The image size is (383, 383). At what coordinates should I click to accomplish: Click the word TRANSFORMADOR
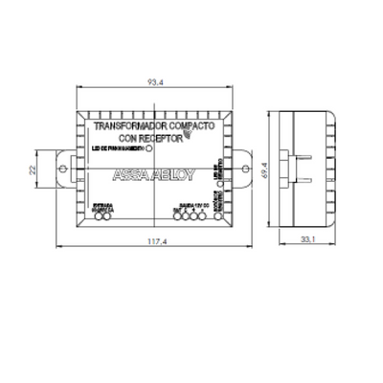tap(126, 125)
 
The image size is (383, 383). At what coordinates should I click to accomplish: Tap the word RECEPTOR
tap(161, 137)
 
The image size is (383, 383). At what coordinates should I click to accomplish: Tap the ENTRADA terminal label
tap(102, 206)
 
